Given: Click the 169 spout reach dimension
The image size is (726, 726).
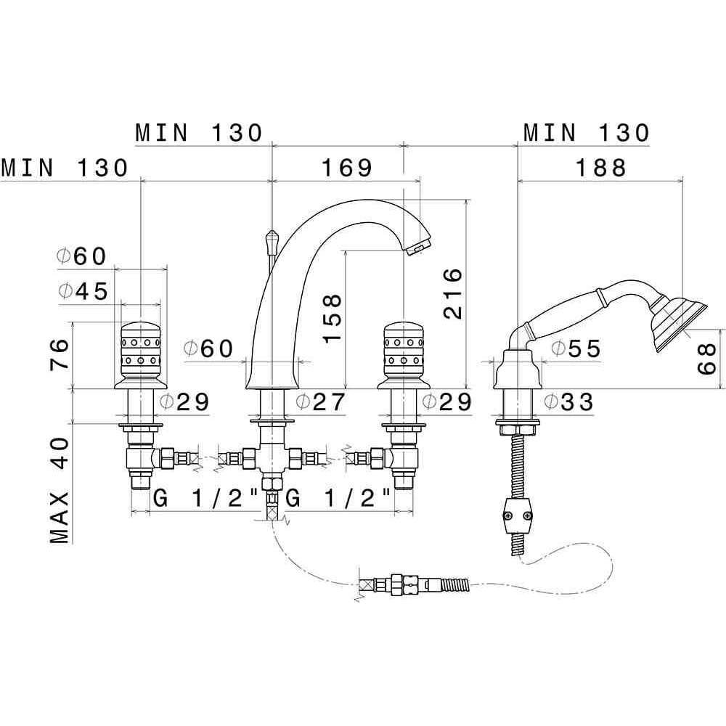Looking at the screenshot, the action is [347, 168].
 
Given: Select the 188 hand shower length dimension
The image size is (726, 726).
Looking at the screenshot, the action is [600, 168].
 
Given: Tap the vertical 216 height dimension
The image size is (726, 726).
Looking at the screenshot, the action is [453, 293].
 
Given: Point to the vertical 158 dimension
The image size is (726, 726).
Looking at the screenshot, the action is [333, 318].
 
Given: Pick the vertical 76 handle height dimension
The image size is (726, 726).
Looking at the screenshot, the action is [60, 354].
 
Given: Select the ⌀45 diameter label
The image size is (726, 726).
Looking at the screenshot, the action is [83, 291].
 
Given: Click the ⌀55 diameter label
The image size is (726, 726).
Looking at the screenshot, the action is [576, 348].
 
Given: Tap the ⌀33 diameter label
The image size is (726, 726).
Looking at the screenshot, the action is [568, 402].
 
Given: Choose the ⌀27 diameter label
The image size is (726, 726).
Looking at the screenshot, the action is [320, 402].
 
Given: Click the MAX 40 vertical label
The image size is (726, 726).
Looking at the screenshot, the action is [60, 490].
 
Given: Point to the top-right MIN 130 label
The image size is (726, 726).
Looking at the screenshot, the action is [587, 133].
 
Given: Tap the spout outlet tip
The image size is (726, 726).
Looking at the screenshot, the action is [419, 248].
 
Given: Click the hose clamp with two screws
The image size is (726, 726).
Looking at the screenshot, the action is [517, 516].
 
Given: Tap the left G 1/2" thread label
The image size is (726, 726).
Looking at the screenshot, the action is [205, 499].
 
